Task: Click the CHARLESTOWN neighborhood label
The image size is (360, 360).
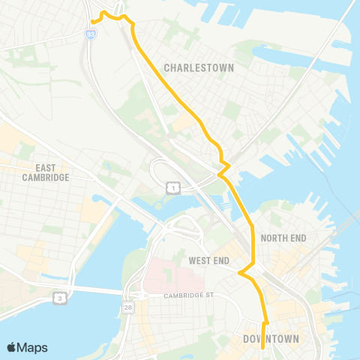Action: click(x=199, y=67)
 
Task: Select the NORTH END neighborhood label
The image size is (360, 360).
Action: click(x=284, y=238)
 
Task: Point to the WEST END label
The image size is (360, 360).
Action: click(x=208, y=260)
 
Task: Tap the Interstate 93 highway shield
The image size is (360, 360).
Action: click(x=91, y=34)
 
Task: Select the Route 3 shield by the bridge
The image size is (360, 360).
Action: click(x=58, y=298)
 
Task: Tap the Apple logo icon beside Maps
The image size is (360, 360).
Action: click(x=12, y=347)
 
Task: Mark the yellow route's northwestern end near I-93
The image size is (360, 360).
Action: click(x=91, y=22)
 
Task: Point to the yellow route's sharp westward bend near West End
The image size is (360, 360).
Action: click(x=239, y=273)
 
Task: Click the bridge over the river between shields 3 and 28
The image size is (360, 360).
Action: click(x=94, y=290)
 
